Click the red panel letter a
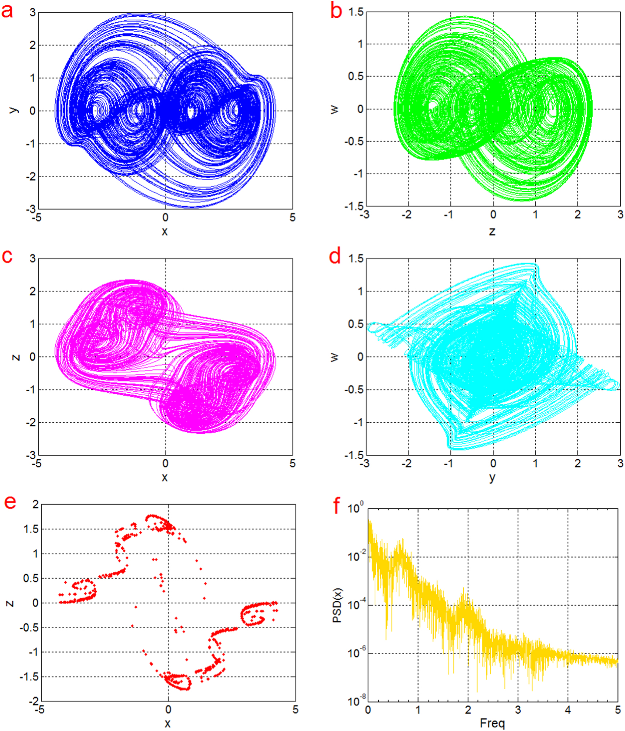(x=7, y=11)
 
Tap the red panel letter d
(x=335, y=257)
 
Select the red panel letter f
(x=337, y=505)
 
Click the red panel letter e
(x=10, y=502)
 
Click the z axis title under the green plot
(x=492, y=231)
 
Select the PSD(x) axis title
(x=337, y=605)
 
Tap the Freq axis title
(x=492, y=723)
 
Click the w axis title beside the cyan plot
(x=334, y=357)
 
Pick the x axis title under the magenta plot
(x=165, y=477)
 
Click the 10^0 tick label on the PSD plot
(x=355, y=508)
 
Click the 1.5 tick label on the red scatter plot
(x=31, y=529)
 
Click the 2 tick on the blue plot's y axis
(x=33, y=45)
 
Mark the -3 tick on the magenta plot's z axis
(x=31, y=455)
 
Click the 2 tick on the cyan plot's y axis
(x=577, y=464)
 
